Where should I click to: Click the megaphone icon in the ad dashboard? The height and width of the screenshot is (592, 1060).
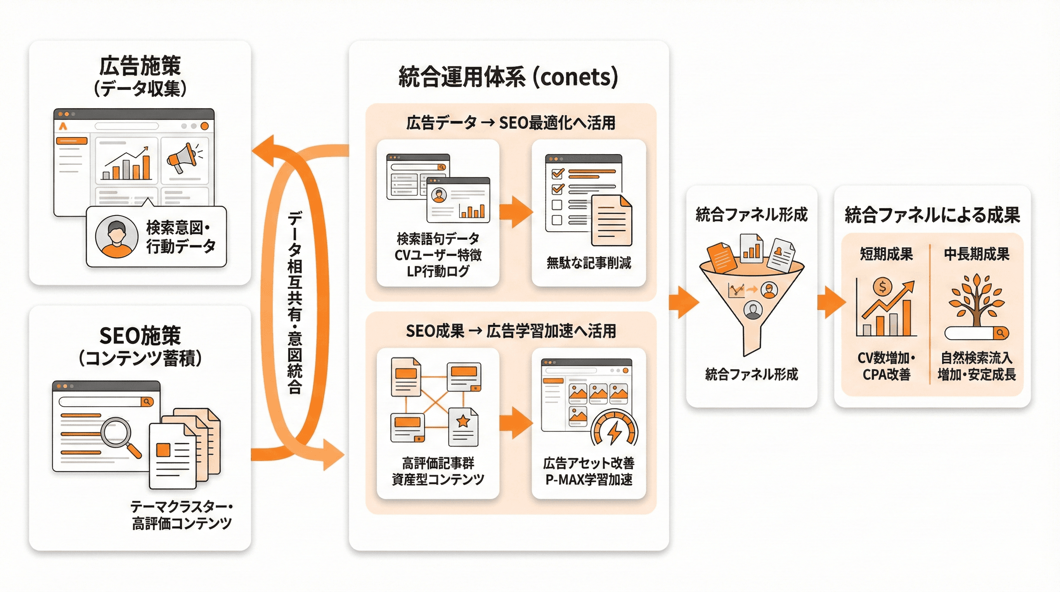pos(182,158)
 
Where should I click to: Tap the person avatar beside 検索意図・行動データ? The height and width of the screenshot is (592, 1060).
pos(116,236)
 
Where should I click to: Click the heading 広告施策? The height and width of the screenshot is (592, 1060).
pos(140,66)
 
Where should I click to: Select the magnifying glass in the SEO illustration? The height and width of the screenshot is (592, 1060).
pos(119,435)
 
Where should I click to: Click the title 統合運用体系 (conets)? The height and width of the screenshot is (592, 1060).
pos(508,77)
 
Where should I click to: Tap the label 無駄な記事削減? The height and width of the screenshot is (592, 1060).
pos(589,262)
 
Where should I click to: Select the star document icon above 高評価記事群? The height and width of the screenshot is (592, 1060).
pos(463,426)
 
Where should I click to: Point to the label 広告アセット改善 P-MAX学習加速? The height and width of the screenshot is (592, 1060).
pos(589,471)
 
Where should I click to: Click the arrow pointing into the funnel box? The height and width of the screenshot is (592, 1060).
pos(683,302)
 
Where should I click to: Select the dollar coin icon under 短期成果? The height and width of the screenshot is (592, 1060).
pos(882,286)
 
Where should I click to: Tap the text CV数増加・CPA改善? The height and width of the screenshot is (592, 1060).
pos(886,366)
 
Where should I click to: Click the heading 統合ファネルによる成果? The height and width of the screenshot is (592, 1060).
pos(932,215)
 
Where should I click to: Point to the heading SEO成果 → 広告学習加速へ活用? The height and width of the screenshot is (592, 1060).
pos(511,331)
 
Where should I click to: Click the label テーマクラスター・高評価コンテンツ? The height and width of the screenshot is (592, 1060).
pos(181,515)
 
